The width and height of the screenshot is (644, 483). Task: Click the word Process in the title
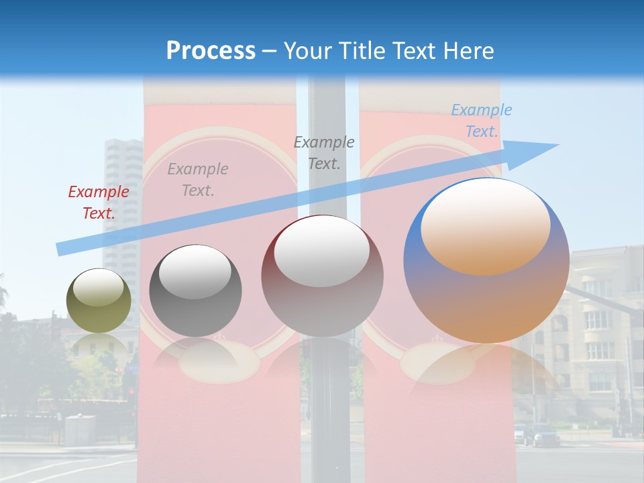(211, 51)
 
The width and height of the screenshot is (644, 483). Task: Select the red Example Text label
(99, 202)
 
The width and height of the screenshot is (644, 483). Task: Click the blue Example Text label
(482, 121)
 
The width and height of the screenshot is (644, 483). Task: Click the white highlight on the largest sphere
(485, 225)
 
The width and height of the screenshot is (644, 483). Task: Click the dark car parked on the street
(545, 436)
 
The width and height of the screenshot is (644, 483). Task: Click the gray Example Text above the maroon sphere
(324, 152)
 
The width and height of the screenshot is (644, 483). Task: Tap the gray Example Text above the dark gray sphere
(198, 180)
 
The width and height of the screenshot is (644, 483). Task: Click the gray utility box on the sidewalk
(79, 430)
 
